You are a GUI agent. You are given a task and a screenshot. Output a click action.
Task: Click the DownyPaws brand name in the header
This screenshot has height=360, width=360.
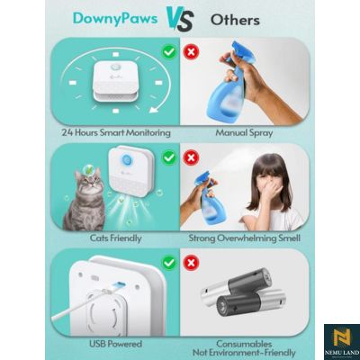(x=119, y=17)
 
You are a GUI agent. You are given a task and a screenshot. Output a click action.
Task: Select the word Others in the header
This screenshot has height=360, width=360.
(x=235, y=18)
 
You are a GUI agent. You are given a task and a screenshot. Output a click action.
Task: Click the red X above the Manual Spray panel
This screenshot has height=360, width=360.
(x=191, y=52)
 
